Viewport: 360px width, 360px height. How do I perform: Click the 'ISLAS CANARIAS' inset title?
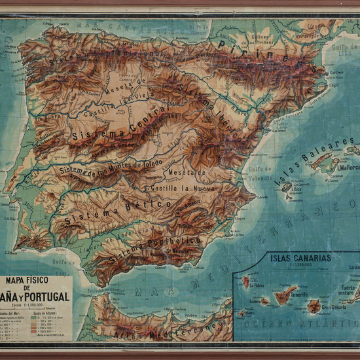(x=300, y=257)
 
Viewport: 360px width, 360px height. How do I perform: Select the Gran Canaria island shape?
(x=314, y=306)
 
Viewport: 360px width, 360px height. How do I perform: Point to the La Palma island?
(x=246, y=282)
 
